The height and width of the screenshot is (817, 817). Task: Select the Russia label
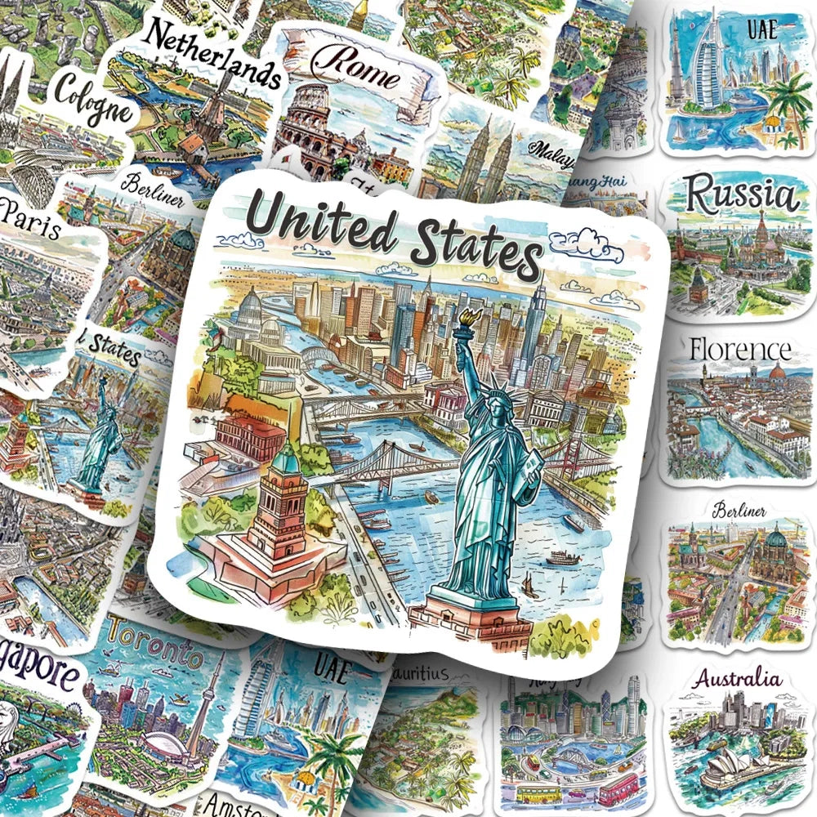[740, 197]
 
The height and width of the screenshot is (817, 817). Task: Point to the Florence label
[740, 350]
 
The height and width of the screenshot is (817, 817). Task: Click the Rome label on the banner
[358, 71]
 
